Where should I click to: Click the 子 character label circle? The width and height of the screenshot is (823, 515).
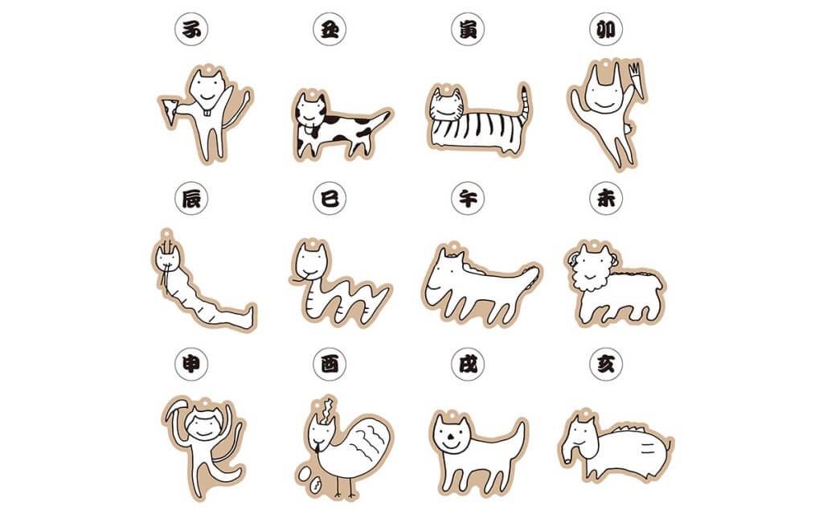click(191, 29)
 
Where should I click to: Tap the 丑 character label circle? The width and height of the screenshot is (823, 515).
click(330, 29)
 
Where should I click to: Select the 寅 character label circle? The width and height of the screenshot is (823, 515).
click(468, 29)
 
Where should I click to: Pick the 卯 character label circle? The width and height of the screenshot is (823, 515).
click(606, 29)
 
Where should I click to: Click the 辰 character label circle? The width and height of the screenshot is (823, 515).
click(191, 198)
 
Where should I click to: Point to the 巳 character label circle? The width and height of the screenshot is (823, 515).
click(330, 198)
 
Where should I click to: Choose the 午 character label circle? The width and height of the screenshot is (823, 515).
click(468, 198)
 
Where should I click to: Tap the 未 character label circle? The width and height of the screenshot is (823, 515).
click(606, 198)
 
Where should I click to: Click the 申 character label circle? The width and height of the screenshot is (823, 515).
click(191, 364)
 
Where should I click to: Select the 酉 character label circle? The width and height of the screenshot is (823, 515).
click(330, 364)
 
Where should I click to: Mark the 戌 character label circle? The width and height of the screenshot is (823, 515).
click(468, 364)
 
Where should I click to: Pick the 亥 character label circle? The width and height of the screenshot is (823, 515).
click(606, 364)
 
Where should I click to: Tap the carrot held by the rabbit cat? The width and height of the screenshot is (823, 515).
click(636, 80)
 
